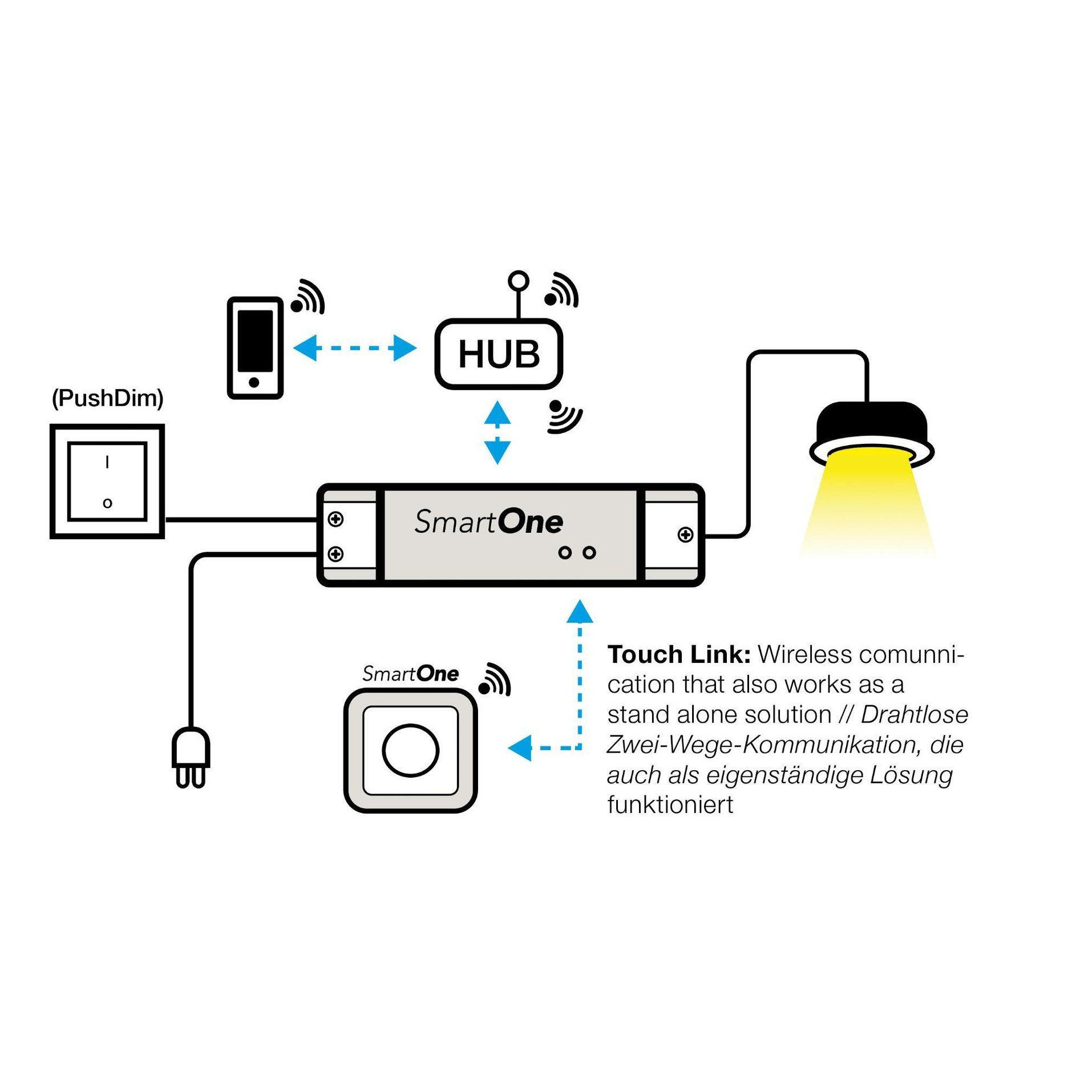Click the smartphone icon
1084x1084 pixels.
click(255, 347)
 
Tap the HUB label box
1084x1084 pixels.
click(499, 354)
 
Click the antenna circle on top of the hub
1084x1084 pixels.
click(518, 280)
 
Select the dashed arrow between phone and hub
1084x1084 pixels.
click(354, 347)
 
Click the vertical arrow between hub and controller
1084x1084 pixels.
click(497, 432)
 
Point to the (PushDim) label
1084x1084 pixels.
click(107, 398)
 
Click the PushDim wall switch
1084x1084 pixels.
click(107, 481)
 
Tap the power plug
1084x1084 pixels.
click(191, 757)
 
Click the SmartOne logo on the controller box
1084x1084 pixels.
click(488, 521)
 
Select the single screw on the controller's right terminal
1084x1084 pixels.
click(685, 535)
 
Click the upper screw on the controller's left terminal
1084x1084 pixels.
click(335, 519)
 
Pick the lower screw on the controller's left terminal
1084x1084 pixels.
click(335, 553)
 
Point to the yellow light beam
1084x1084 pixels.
click(868, 502)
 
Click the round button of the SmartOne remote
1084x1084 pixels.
click(410, 750)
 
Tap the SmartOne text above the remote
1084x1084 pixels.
click(410, 674)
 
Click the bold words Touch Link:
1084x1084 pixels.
click(678, 654)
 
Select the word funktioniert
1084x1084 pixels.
click(670, 805)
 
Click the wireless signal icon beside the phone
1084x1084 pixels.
click(309, 297)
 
